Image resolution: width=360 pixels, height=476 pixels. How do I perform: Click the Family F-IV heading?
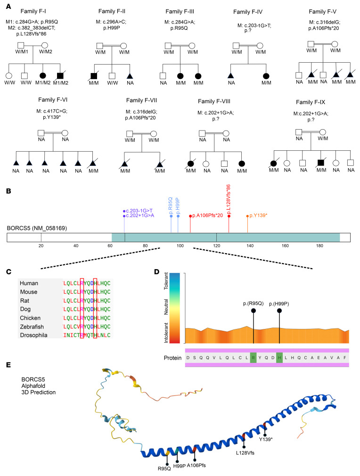click(x=248, y=12)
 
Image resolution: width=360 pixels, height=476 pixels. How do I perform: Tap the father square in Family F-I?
click(x=21, y=46)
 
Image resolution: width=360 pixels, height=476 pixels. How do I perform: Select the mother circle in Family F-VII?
click(x=154, y=133)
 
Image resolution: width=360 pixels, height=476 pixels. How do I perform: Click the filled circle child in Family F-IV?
click(x=266, y=76)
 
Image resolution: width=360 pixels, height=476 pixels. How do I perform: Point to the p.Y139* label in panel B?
click(x=258, y=215)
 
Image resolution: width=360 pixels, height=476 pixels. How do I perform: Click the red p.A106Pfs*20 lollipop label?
click(x=208, y=215)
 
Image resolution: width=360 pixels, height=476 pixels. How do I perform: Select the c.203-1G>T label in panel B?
click(x=139, y=211)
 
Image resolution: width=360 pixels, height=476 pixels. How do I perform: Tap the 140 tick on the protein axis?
click(x=250, y=246)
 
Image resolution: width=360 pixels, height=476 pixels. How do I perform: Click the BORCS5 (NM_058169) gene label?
click(x=37, y=228)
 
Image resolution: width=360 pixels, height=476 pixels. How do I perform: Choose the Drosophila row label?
click(x=34, y=335)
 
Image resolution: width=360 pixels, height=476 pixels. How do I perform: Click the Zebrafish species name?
click(x=32, y=327)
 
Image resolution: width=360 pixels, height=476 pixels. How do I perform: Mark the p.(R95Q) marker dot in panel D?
click(x=254, y=311)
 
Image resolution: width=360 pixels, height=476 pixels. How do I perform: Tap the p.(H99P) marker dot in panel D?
click(x=279, y=311)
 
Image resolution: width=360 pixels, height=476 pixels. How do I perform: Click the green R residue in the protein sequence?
click(x=254, y=358)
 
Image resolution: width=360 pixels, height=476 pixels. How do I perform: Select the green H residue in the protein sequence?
click(x=279, y=358)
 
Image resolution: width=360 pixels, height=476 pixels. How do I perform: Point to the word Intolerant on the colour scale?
click(x=166, y=333)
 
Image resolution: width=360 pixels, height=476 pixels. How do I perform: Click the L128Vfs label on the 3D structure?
click(x=245, y=453)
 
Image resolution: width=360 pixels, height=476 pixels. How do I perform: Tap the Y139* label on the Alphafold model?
click(x=266, y=439)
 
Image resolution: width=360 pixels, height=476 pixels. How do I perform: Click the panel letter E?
click(x=8, y=365)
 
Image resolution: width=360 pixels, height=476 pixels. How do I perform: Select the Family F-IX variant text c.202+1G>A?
click(x=311, y=114)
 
